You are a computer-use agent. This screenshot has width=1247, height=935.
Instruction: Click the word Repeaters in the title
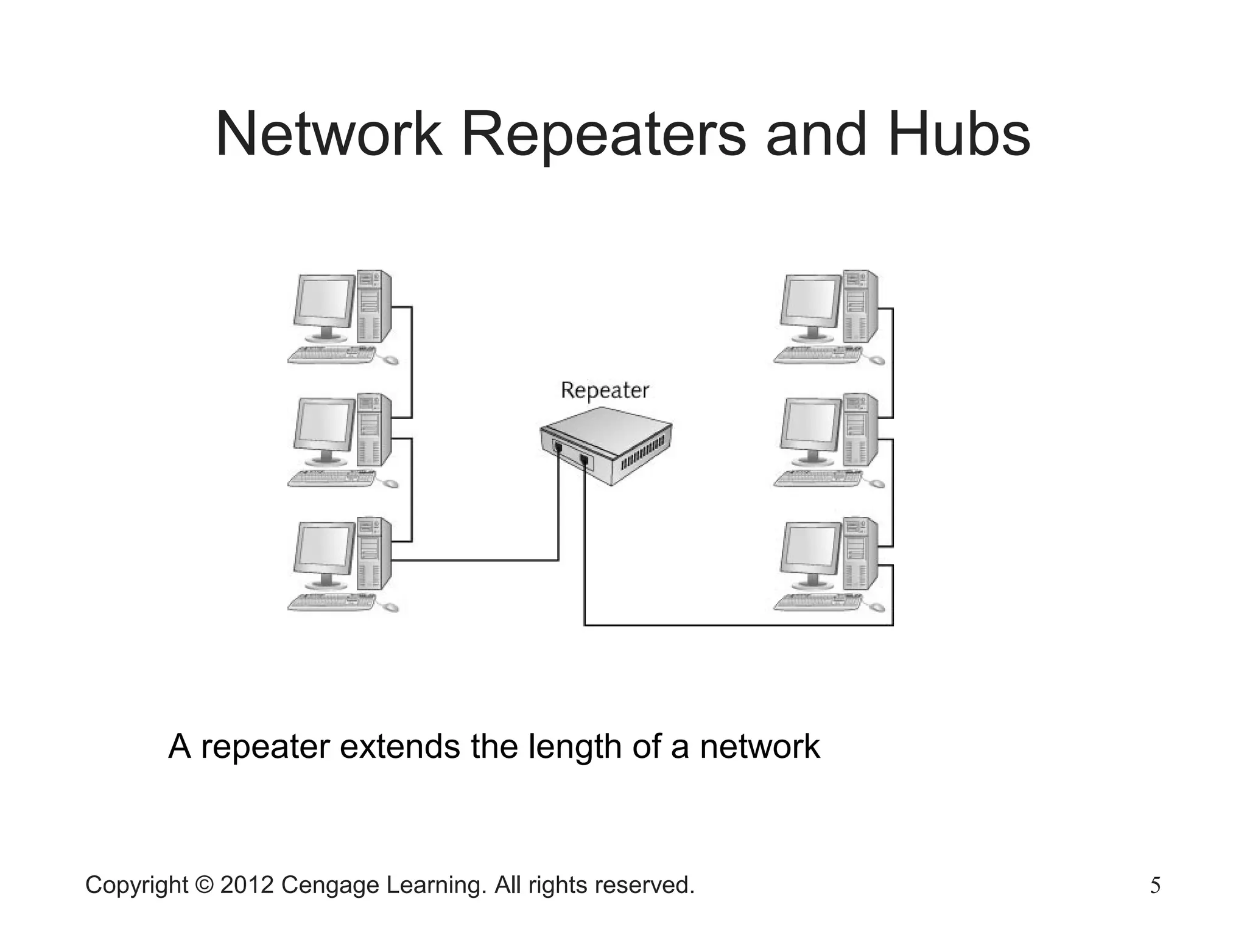pyautogui.click(x=603, y=135)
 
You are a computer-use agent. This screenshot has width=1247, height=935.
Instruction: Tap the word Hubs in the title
pyautogui.click(x=958, y=135)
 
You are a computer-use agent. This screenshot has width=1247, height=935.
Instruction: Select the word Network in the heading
pyautogui.click(x=329, y=135)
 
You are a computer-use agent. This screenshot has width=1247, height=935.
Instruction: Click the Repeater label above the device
pyautogui.click(x=605, y=390)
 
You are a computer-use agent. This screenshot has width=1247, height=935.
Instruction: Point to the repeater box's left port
pyautogui.click(x=558, y=447)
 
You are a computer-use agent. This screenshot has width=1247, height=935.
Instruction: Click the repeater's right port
pyautogui.click(x=584, y=460)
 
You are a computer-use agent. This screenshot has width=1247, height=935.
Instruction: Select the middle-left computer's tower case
pyautogui.click(x=373, y=430)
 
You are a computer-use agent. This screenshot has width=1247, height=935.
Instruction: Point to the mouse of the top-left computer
pyautogui.click(x=390, y=360)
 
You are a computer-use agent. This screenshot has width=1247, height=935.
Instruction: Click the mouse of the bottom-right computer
pyautogui.click(x=877, y=607)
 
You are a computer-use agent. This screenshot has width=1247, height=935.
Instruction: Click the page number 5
pyautogui.click(x=1155, y=885)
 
